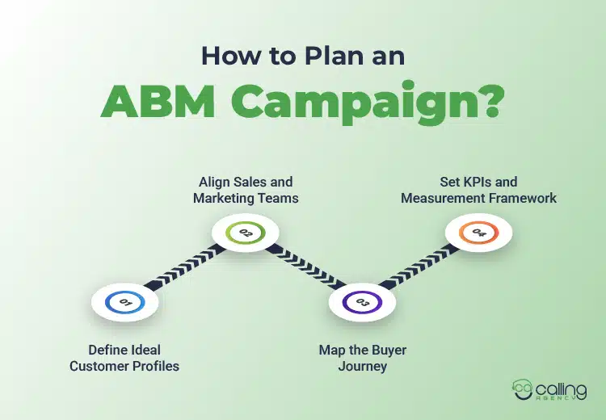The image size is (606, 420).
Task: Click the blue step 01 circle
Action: (x=125, y=302)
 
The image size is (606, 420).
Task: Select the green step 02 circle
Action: (x=245, y=233)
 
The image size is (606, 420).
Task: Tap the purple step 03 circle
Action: (x=362, y=303)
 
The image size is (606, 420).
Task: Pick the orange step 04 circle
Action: (x=479, y=233)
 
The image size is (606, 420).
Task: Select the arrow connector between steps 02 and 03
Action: (x=304, y=268)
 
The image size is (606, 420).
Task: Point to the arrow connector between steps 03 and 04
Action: (x=421, y=268)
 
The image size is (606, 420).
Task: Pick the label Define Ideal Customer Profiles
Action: (x=124, y=358)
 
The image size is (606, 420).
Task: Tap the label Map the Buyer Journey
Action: (x=362, y=358)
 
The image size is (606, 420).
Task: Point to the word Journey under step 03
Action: (x=362, y=366)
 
